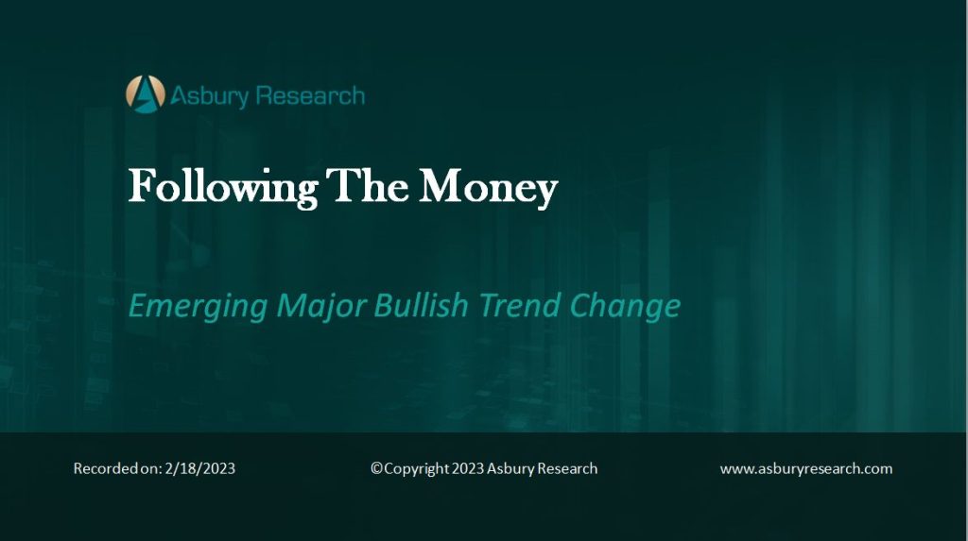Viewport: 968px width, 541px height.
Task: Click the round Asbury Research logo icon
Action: click(x=146, y=94)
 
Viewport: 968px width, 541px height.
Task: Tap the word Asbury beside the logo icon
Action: click(x=209, y=96)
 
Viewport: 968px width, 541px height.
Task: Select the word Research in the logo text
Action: click(x=310, y=95)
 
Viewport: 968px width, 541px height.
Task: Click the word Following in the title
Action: click(x=223, y=188)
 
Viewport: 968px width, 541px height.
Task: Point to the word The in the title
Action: click(x=368, y=185)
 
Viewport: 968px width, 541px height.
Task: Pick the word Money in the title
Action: click(x=489, y=188)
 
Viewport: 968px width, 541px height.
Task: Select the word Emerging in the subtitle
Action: click(x=199, y=306)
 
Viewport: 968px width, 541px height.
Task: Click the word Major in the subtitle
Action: click(x=321, y=306)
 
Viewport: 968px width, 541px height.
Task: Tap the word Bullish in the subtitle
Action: click(x=421, y=305)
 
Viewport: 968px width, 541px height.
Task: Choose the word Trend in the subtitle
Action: click(x=519, y=305)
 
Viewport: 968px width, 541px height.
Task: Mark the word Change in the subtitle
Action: click(x=625, y=306)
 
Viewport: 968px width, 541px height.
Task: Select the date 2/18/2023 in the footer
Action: click(x=200, y=469)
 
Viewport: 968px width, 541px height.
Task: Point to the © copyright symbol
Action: click(x=376, y=468)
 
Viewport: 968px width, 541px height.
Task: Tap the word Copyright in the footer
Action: click(x=417, y=469)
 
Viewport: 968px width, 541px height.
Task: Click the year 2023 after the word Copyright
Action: click(x=468, y=469)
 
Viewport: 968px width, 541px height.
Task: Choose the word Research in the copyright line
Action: click(x=567, y=469)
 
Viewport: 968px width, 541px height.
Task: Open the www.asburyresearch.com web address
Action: click(x=806, y=469)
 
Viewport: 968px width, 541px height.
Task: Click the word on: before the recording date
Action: click(x=151, y=469)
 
